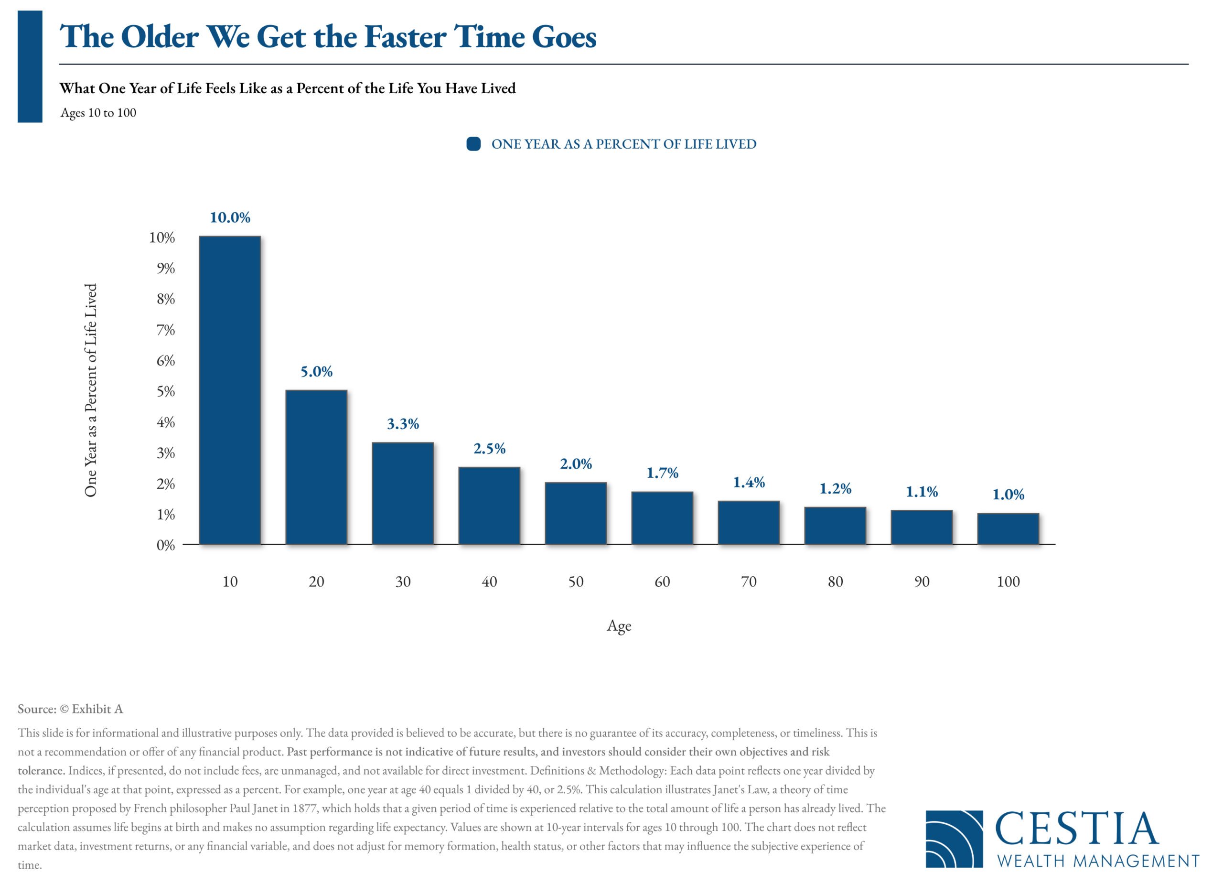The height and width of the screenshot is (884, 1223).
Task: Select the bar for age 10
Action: [x=230, y=390]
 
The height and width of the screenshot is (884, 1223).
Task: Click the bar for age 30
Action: [x=403, y=494]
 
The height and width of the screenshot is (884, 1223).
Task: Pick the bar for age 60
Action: [x=662, y=518]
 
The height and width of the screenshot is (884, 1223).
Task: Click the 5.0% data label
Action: [x=317, y=372]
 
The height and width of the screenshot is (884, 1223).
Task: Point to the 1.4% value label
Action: [x=749, y=482]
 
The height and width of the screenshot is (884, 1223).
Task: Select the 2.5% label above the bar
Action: [x=490, y=449]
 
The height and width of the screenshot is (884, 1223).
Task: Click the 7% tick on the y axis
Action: [x=166, y=330]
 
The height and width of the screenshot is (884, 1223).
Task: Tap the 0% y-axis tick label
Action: [x=166, y=545]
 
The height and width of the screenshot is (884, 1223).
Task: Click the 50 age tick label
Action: [x=576, y=582]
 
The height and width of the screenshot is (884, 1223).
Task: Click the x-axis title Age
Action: [x=619, y=626]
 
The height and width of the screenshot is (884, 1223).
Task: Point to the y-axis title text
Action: [x=91, y=390]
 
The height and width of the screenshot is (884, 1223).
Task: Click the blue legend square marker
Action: [x=473, y=144]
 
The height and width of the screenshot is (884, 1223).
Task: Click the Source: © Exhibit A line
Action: [x=70, y=709]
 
